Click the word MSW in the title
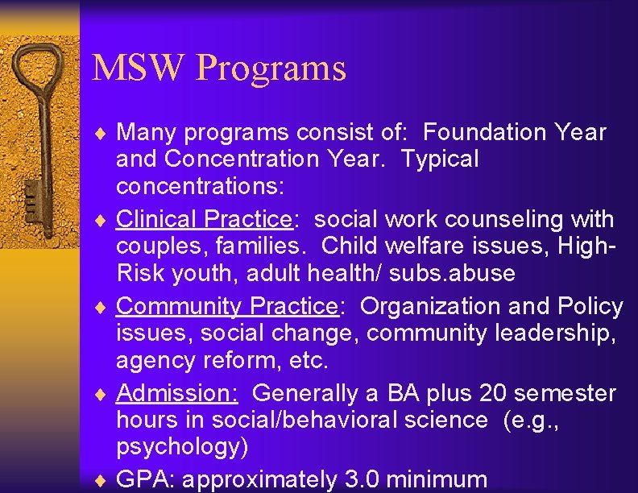[x=138, y=68]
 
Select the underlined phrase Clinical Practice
[x=203, y=219]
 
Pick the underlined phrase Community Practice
[x=226, y=306]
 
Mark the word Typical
[x=439, y=159]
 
